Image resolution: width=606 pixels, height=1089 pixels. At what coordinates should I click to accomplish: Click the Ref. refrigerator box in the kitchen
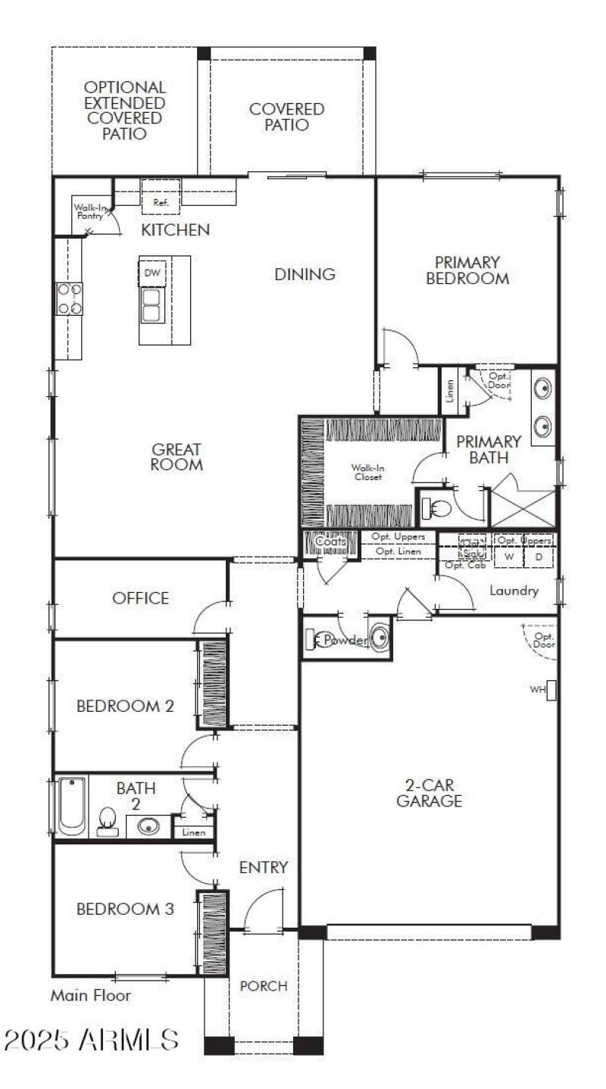(x=161, y=197)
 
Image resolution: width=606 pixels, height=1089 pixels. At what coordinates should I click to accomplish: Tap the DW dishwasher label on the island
(x=152, y=273)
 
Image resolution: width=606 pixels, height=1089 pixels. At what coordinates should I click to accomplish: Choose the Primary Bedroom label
(x=467, y=270)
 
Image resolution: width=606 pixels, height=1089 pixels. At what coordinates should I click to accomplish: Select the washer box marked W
(x=509, y=557)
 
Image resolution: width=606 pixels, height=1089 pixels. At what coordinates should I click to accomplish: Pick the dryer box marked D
(x=539, y=557)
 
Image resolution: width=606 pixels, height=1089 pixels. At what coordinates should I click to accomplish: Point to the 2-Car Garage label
(x=429, y=793)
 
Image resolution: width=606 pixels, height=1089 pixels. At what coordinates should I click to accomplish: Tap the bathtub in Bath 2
(x=70, y=806)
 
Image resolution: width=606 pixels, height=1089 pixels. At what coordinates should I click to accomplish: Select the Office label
(x=140, y=598)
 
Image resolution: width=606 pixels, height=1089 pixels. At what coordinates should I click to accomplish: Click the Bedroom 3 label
(x=126, y=909)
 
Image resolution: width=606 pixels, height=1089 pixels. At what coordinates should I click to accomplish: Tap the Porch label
(x=264, y=986)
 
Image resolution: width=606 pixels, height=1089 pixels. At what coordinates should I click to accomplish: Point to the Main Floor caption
(x=90, y=996)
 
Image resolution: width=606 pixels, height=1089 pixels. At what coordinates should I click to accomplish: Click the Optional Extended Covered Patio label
(x=125, y=111)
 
